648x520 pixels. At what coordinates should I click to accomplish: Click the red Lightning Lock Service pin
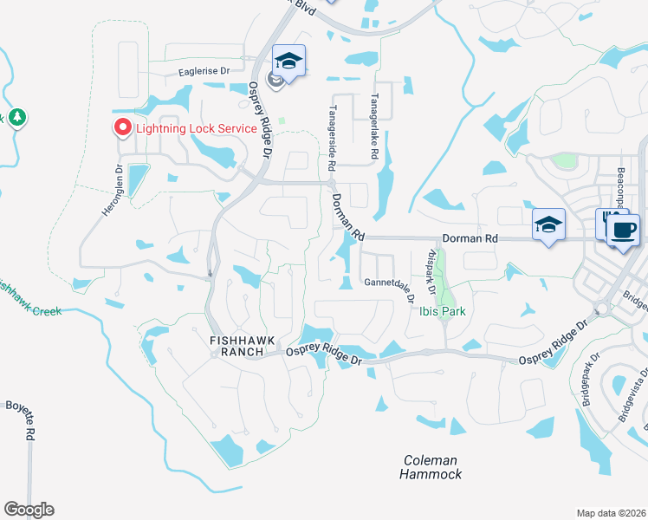pos(122,128)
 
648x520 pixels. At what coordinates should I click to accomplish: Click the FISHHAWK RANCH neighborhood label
pos(236,346)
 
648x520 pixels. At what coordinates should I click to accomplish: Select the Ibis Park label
pos(443,312)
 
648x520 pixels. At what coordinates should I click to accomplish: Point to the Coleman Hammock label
pos(431,467)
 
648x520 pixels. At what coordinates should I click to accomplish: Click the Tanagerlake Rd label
pos(375,127)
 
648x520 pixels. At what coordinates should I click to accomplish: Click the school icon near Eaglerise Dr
pos(288,61)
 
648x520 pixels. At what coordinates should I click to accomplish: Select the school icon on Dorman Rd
pos(548,224)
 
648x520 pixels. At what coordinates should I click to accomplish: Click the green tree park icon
pos(16,116)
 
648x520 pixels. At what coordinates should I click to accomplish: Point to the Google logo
pos(29,510)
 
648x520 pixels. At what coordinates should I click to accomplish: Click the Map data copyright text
pos(611,513)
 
